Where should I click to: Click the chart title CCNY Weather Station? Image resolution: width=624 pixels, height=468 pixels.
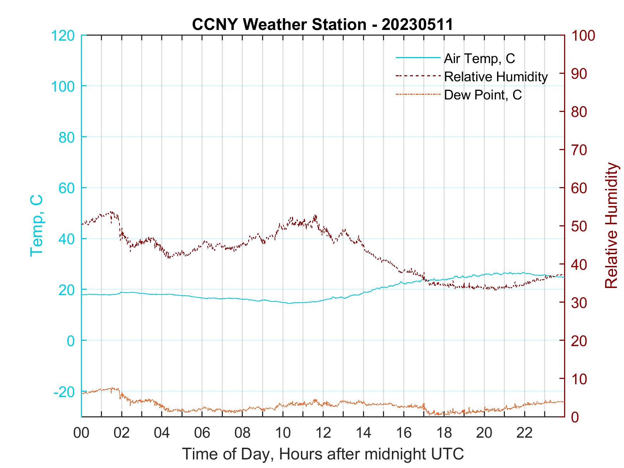point(322,25)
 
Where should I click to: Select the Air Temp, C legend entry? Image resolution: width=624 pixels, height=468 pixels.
point(479,58)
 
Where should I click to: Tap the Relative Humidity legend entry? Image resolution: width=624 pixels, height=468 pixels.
point(496,77)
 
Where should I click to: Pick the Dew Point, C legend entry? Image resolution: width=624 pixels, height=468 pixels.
point(483,95)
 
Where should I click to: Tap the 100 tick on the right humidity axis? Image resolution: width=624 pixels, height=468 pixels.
point(583,36)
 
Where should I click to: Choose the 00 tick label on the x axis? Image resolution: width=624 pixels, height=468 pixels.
point(82,433)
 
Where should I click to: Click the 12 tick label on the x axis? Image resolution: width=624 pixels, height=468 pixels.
point(323,433)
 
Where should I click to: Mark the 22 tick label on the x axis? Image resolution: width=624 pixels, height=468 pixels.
point(525,433)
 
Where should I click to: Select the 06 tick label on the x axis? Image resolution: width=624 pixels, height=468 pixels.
point(202,433)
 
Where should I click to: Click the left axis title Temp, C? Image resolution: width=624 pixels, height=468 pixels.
point(37,225)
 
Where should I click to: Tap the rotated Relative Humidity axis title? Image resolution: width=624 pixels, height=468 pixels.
point(611,225)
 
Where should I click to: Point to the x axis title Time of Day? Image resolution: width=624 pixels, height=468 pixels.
point(323,454)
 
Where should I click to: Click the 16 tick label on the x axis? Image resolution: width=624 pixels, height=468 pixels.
point(404,433)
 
